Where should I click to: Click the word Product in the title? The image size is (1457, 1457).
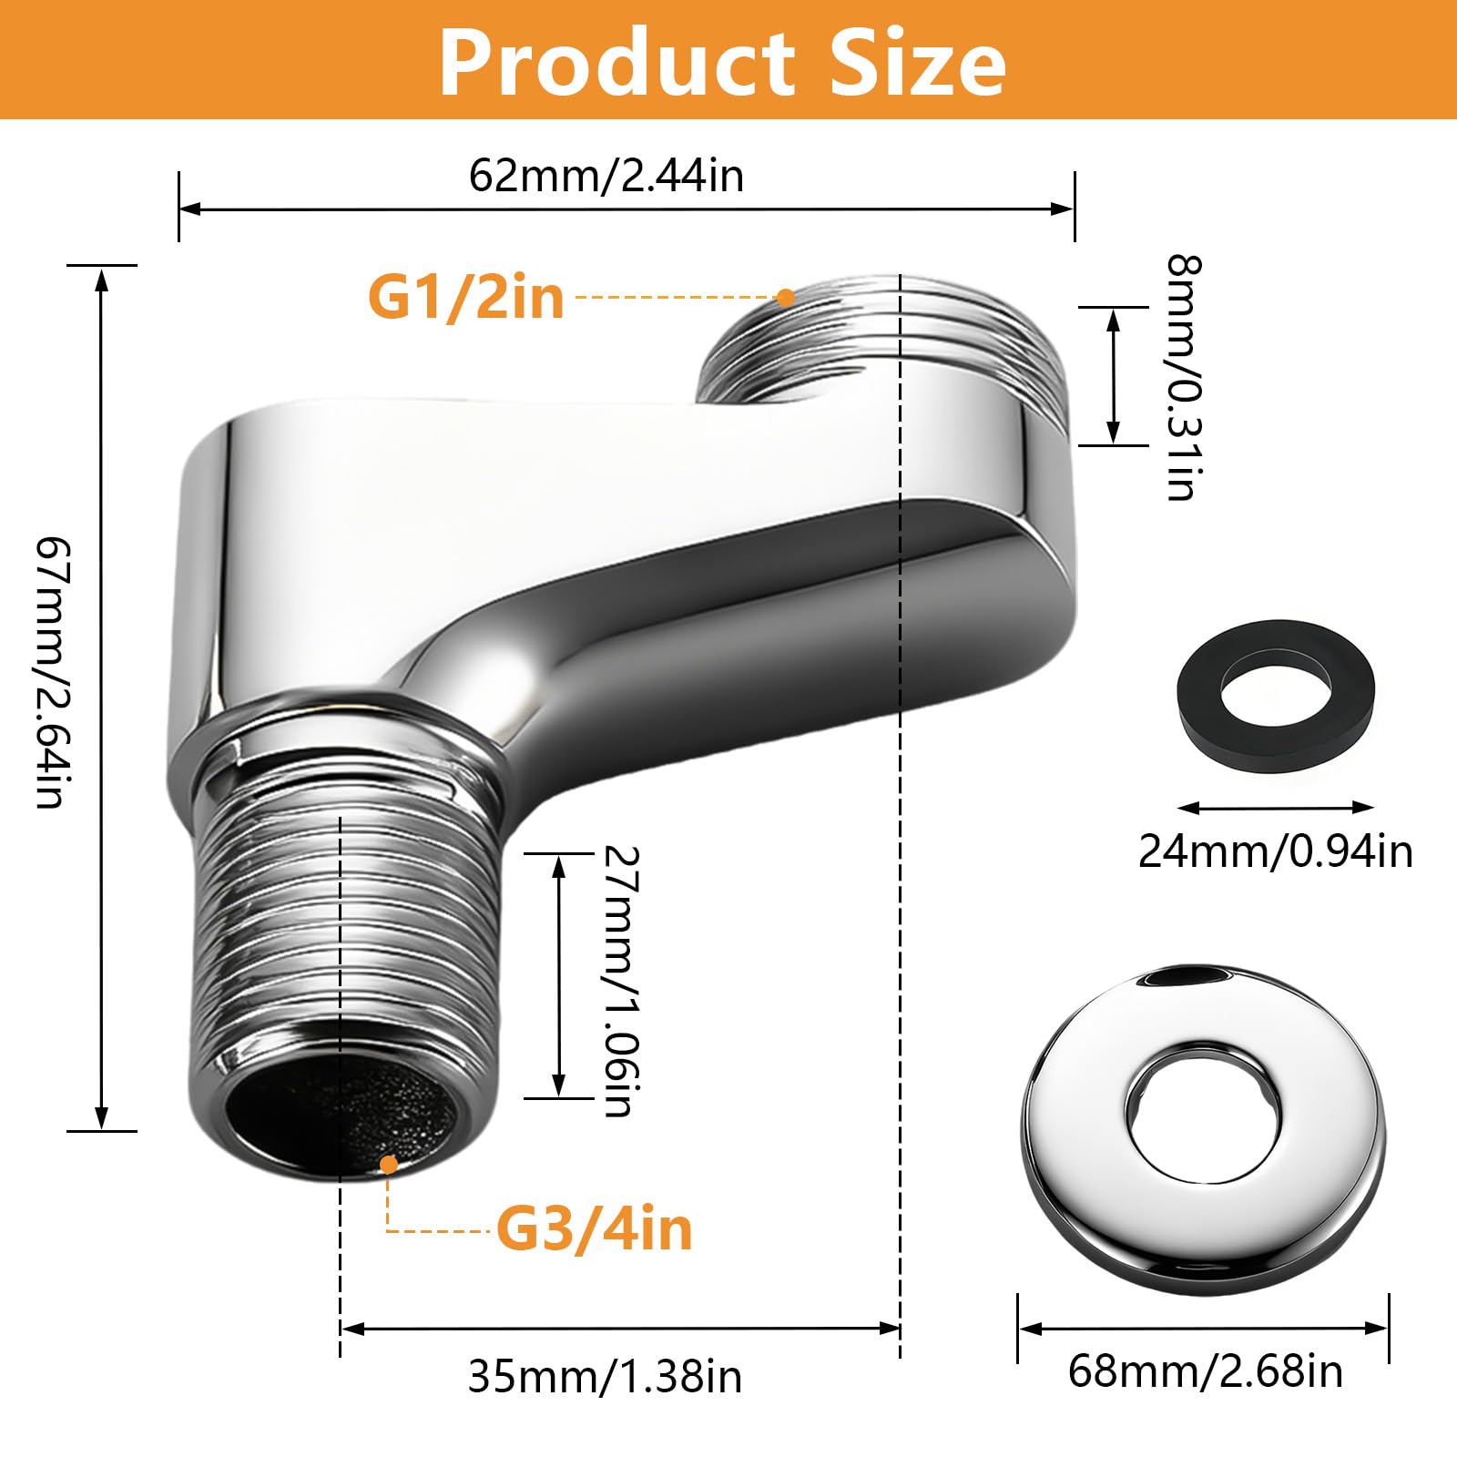(618, 62)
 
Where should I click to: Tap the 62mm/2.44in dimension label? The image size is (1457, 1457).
(606, 175)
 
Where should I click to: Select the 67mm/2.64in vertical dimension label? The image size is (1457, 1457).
(49, 672)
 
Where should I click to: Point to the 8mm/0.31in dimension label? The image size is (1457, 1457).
(1185, 377)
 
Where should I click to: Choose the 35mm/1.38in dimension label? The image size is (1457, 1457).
(606, 1377)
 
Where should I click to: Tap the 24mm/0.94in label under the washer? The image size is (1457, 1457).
(1276, 851)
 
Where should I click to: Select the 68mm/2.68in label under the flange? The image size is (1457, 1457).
(1206, 1370)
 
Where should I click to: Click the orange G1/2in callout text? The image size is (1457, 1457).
(466, 297)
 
